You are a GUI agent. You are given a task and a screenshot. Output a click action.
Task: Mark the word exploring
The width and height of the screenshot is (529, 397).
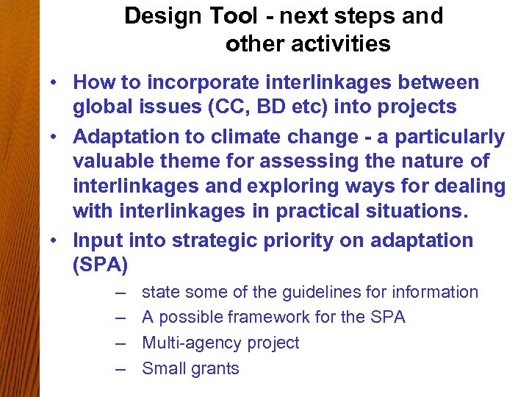point(338,186)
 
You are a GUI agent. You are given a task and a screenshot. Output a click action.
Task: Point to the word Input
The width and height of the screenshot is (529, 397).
point(98,240)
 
